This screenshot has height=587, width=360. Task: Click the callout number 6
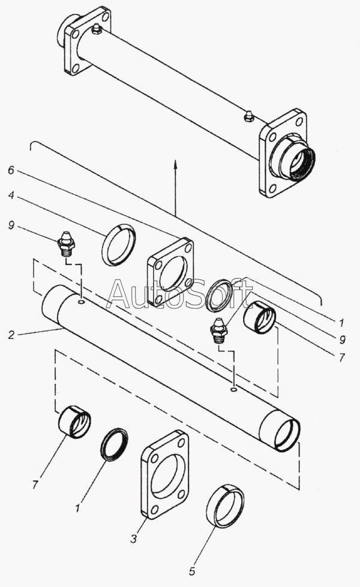point(11,170)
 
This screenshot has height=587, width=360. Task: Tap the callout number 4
point(11,195)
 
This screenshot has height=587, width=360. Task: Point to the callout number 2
point(11,335)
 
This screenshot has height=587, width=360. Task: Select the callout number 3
point(134,538)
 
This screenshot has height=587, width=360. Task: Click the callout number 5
point(192,571)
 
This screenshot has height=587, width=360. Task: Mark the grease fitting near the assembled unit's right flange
point(248,116)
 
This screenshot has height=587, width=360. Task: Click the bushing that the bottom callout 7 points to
point(74,422)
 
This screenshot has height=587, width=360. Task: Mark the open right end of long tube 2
point(287,435)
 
